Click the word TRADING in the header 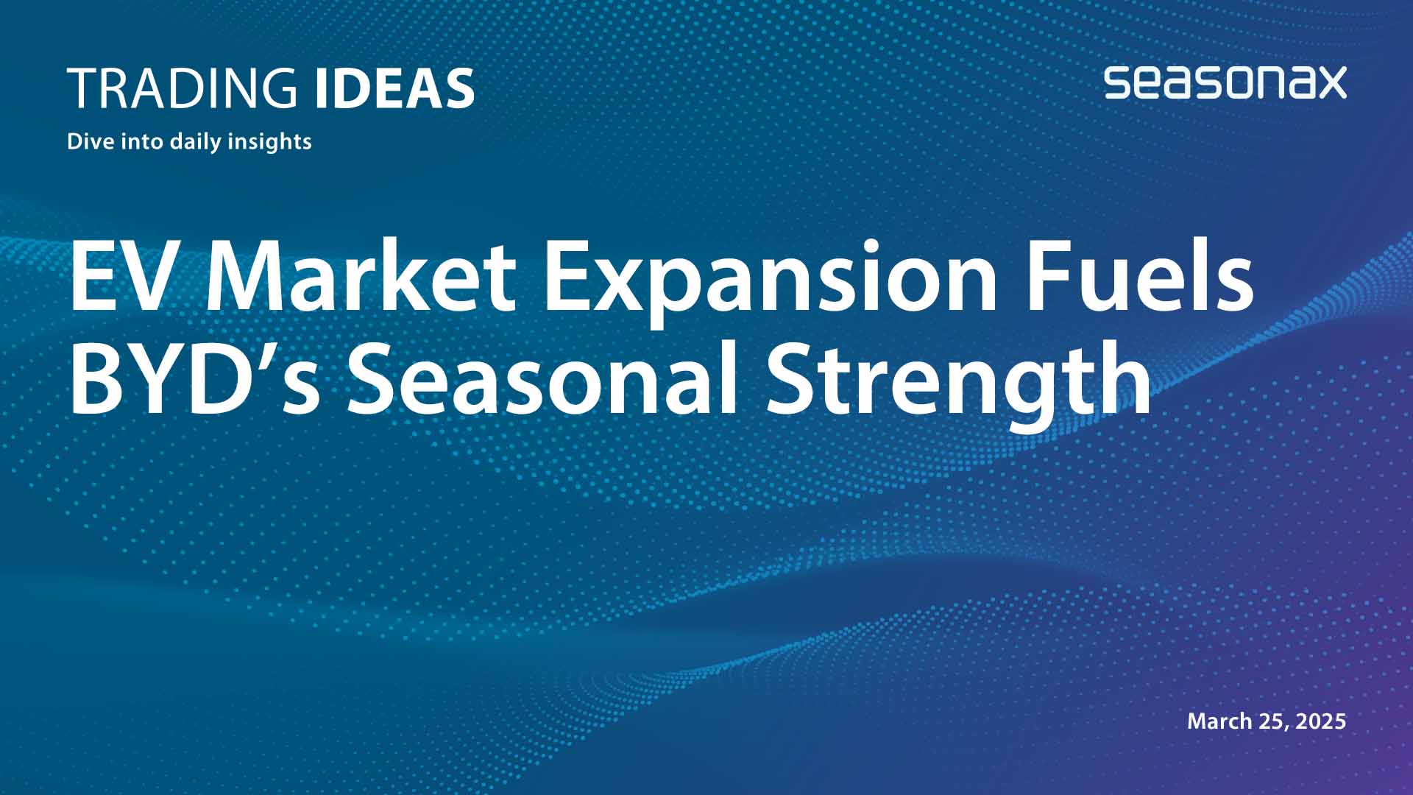point(182,88)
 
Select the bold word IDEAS point(394,88)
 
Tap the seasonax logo point(1225,82)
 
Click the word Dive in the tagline point(88,141)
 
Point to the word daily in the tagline point(196,141)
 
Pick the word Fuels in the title point(1139,277)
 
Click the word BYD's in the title point(194,380)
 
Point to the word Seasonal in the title point(542,380)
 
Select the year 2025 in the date point(1320,721)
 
